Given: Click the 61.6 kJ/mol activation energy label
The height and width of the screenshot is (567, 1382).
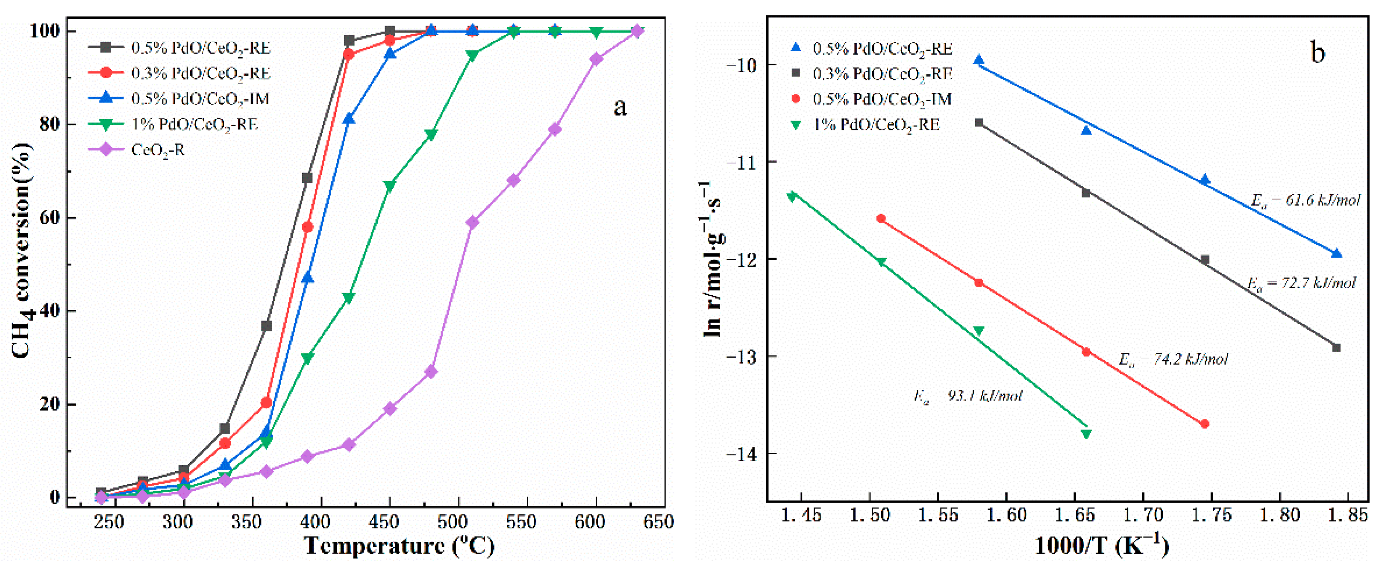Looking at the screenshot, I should [1305, 201].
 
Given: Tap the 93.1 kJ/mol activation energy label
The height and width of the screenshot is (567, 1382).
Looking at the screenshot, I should [968, 396].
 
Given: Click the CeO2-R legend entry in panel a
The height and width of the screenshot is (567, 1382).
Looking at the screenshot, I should [157, 150].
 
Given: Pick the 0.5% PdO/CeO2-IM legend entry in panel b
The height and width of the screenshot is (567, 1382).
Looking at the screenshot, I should [882, 99].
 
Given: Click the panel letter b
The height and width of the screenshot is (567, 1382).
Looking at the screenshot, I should [1317, 52].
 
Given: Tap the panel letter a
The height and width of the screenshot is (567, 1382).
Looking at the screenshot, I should [620, 107].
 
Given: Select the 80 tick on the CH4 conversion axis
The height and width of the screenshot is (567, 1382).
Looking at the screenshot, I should [50, 124].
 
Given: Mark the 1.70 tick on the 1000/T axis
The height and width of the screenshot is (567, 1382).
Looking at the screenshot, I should [1143, 515].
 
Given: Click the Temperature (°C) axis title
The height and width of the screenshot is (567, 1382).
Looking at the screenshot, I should [399, 546].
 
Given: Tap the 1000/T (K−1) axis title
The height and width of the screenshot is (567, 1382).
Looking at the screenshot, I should [1101, 546].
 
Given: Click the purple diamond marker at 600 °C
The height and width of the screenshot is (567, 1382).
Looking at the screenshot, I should [596, 59].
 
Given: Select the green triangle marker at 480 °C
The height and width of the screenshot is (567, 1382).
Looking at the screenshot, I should [431, 135].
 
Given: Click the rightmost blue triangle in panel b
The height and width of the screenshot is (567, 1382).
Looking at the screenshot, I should [1336, 254].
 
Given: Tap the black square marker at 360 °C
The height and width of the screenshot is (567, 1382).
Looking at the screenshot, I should [266, 326].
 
